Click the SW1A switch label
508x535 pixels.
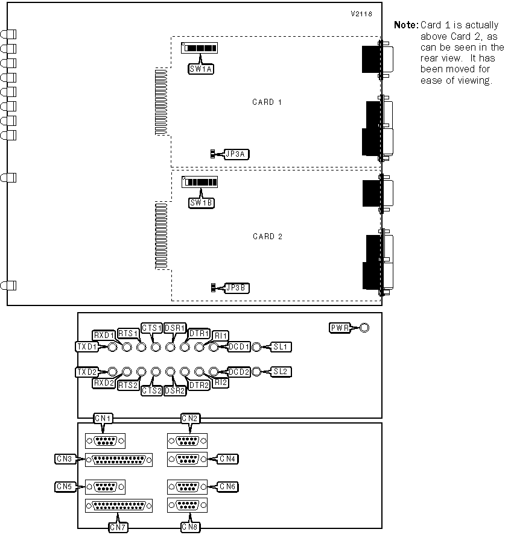(x=201, y=68)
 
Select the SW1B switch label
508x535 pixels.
(x=201, y=203)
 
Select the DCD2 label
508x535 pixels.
(x=239, y=372)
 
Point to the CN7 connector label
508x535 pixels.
(x=119, y=527)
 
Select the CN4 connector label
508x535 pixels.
(x=227, y=459)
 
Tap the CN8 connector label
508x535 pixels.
(x=191, y=527)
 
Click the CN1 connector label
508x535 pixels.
(x=103, y=418)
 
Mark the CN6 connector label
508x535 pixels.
(x=227, y=486)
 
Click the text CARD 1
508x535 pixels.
(x=267, y=102)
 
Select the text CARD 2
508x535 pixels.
(x=267, y=236)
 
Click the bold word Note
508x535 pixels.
(x=405, y=25)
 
